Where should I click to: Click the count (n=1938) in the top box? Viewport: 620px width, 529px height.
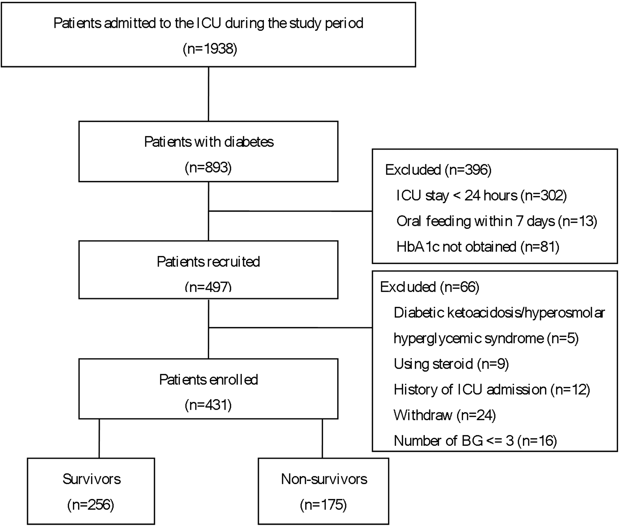pos(210,49)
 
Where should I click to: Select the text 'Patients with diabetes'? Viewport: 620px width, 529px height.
pos(209,142)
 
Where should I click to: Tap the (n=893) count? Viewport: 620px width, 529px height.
pos(208,167)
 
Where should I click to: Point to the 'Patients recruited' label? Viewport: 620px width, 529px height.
pos(208,262)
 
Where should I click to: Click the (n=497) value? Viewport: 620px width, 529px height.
pos(208,287)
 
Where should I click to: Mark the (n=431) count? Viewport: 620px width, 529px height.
pos(208,405)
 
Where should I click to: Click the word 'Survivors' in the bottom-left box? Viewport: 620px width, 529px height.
pos(92,479)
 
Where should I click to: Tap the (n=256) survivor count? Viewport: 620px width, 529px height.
pos(91,505)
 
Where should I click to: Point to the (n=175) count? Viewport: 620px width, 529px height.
pos(323,505)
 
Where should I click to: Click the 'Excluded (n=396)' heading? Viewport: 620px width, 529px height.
pos(438,170)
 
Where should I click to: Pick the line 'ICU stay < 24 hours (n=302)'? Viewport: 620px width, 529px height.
pos(481,195)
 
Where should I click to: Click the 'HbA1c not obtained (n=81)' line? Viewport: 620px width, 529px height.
pos(478,247)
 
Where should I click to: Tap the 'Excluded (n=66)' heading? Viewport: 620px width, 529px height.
pos(430,287)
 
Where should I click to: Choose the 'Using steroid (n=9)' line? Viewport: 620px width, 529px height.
pos(451,364)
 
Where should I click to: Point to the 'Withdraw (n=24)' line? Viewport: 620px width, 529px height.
pos(445,415)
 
